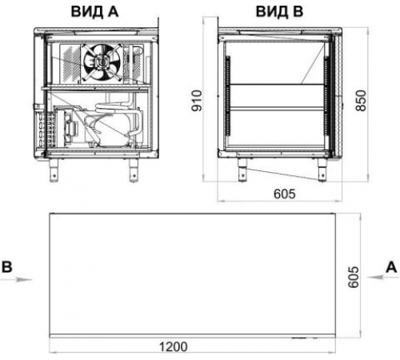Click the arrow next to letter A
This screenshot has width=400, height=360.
(x=374, y=280)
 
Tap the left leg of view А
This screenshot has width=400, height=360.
(x=57, y=168)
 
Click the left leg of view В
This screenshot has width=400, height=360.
(x=241, y=168)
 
